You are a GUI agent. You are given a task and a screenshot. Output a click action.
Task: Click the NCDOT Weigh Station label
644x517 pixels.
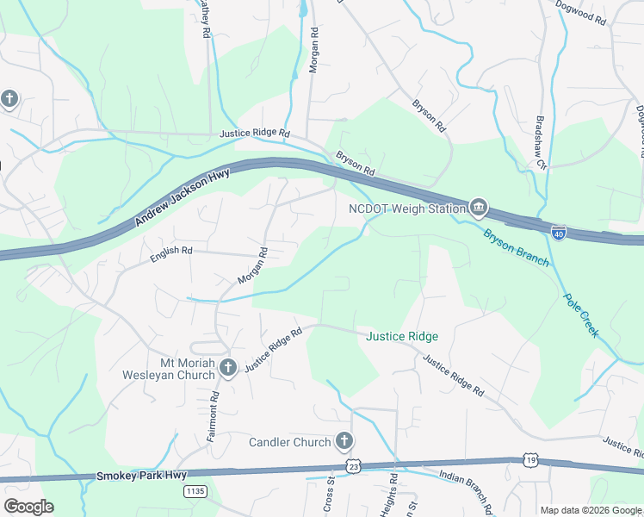point(406,209)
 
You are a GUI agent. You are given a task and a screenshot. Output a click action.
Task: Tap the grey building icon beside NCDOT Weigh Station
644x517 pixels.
point(479,208)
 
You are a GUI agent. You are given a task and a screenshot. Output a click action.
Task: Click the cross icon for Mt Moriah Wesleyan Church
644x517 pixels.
point(228,368)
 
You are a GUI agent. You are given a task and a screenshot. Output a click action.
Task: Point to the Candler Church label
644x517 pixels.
point(289,442)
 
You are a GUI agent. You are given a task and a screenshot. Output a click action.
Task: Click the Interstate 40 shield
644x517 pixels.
point(559,234)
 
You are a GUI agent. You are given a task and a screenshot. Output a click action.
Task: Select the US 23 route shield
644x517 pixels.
point(353,465)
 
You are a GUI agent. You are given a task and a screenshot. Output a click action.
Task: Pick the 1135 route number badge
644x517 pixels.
point(195,490)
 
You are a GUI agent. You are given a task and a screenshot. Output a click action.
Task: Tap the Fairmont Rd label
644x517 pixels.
point(212,417)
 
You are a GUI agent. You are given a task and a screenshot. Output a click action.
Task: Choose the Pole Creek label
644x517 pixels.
point(579,315)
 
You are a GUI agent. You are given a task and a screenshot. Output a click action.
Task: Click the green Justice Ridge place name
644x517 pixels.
point(403,336)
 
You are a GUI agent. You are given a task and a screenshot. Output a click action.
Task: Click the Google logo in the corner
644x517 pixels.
point(28,507)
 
